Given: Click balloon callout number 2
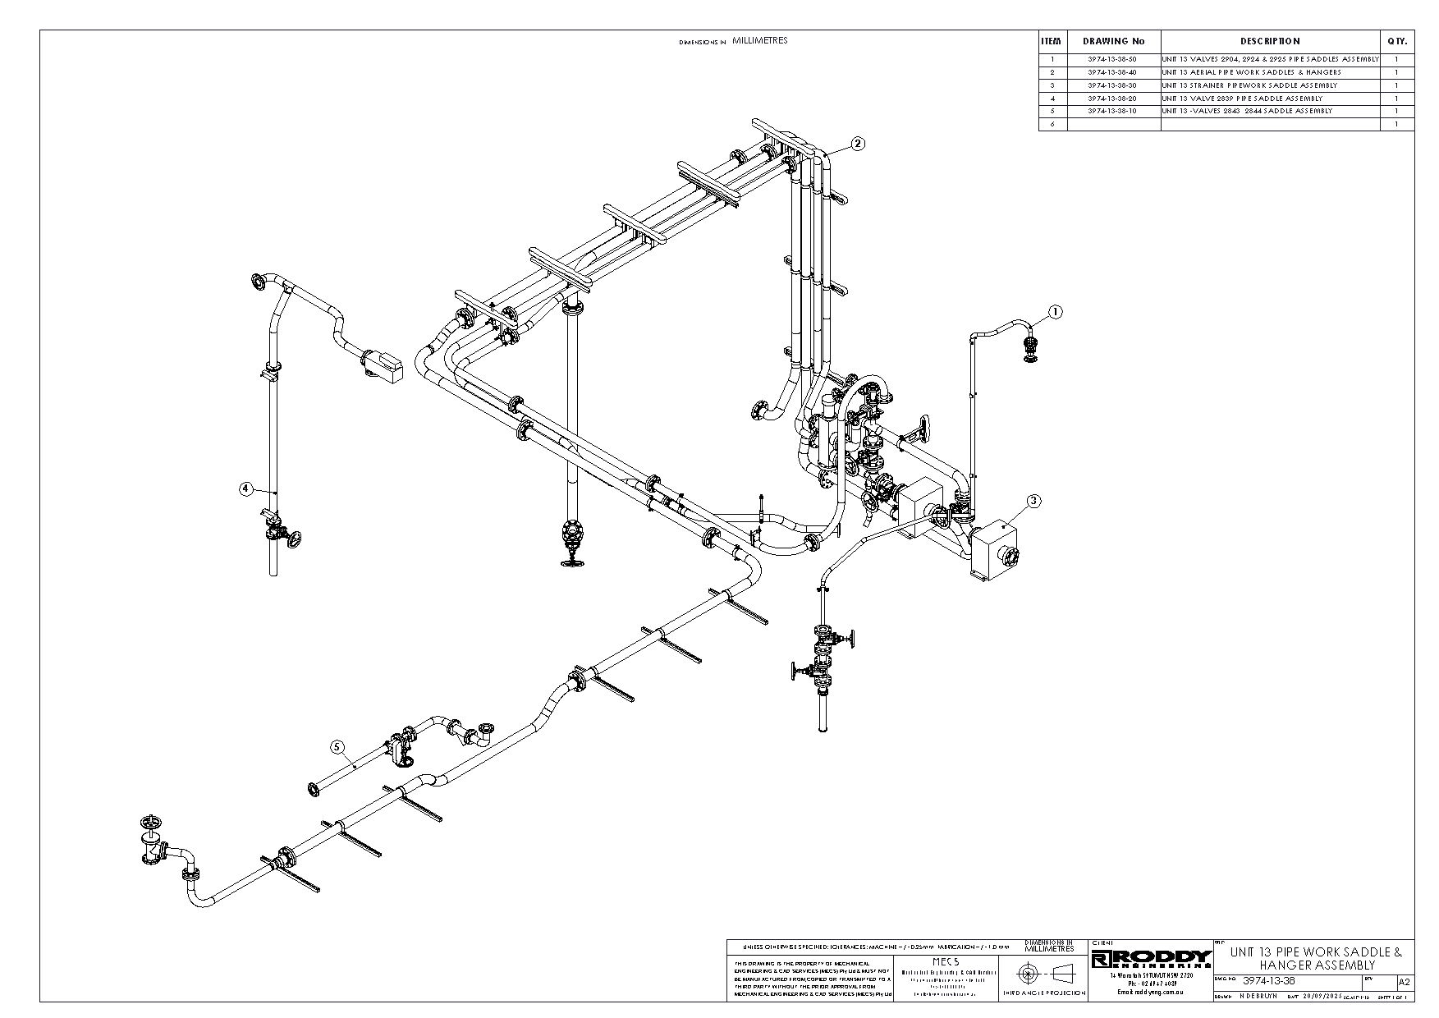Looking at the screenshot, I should (857, 144).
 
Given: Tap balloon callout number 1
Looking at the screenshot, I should (1056, 312).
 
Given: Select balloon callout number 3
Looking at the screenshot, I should (1033, 500).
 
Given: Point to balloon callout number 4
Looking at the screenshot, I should (245, 488).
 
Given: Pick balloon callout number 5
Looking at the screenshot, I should (337, 747).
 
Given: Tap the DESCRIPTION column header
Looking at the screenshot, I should (1270, 41).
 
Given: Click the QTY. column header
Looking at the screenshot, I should (1396, 41).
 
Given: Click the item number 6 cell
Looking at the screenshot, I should (1052, 124).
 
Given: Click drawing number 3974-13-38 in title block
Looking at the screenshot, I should (1268, 981).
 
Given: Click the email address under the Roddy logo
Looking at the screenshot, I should (1151, 992).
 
